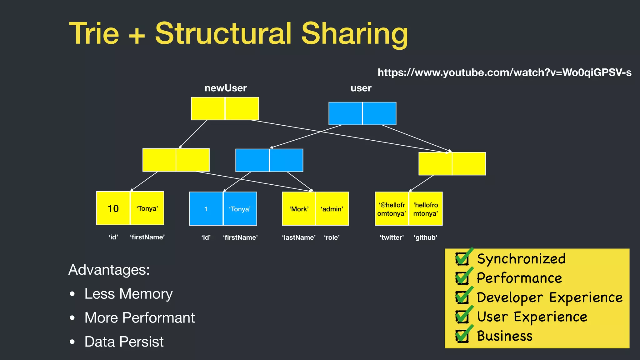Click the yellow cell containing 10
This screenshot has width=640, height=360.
pyautogui.click(x=113, y=208)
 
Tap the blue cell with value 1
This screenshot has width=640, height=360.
pyautogui.click(x=206, y=209)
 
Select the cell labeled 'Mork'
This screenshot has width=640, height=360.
pyautogui.click(x=299, y=209)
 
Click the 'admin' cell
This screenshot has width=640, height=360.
pyautogui.click(x=332, y=209)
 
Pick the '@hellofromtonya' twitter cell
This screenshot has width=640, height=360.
pyautogui.click(x=392, y=209)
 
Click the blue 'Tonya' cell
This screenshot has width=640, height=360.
pyautogui.click(x=240, y=209)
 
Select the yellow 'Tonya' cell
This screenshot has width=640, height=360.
pyautogui.click(x=147, y=208)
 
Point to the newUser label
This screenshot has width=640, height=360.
pyautogui.click(x=226, y=88)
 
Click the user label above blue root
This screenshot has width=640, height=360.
pyautogui.click(x=361, y=88)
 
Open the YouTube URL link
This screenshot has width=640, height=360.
pyautogui.click(x=504, y=72)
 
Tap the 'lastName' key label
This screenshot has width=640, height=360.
pyautogui.click(x=299, y=237)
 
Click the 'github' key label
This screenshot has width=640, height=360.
pyautogui.click(x=425, y=237)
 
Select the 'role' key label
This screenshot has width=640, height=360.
pyautogui.click(x=332, y=237)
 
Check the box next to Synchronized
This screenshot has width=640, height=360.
pyautogui.click(x=462, y=258)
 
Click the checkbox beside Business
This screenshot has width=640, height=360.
pyautogui.click(x=462, y=336)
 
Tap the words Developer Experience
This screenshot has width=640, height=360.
pyautogui.click(x=549, y=297)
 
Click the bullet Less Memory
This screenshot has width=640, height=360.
pyautogui.click(x=128, y=294)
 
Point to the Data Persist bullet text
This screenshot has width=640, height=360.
pyautogui.click(x=124, y=342)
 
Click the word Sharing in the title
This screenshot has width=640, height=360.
pyautogui.click(x=354, y=33)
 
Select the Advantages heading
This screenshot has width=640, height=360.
pyautogui.click(x=109, y=270)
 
